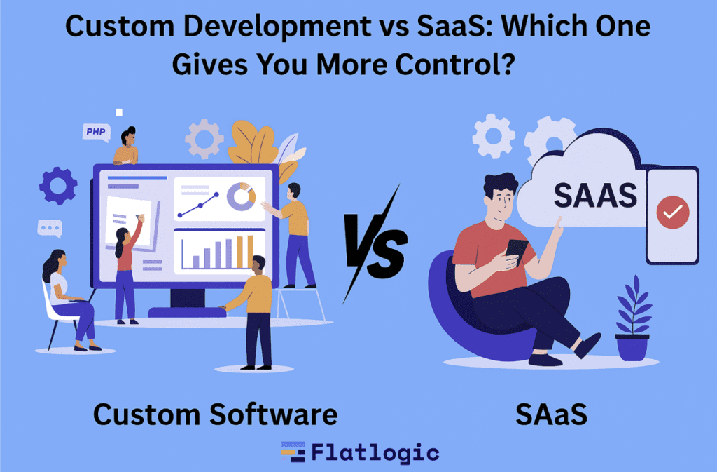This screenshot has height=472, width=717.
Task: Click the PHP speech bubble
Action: (x=97, y=133)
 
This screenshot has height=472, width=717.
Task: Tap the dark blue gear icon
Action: (x=58, y=185)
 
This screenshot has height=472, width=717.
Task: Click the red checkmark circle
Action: (x=673, y=212)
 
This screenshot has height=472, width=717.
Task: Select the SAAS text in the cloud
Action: (x=595, y=196)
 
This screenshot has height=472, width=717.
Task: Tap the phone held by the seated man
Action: (x=517, y=251)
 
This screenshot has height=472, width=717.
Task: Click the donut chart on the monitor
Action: (x=242, y=196)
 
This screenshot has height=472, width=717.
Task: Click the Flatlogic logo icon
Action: (x=293, y=452)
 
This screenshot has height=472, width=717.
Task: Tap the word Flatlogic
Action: (x=375, y=453)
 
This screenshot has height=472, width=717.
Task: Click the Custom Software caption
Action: (x=215, y=414)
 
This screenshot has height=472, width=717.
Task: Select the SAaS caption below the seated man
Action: (x=552, y=414)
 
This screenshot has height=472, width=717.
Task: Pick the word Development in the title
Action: (x=277, y=27)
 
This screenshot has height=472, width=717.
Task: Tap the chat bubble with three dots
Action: (x=50, y=229)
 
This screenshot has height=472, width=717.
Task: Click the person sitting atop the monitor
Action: (x=126, y=146)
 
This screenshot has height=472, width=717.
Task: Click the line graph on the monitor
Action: (x=198, y=205)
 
